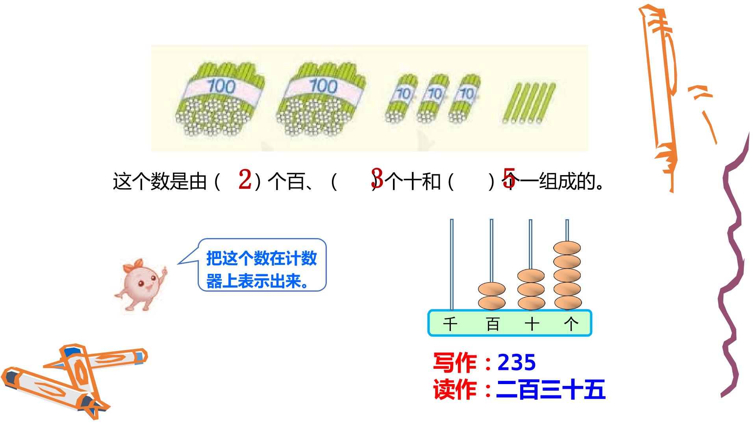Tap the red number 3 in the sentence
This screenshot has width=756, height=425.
[x=377, y=178]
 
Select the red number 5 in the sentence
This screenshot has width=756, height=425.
[x=509, y=178]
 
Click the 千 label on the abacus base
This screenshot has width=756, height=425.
[x=450, y=324]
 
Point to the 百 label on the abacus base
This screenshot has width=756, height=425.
[x=493, y=324]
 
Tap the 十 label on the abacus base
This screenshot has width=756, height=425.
[x=532, y=324]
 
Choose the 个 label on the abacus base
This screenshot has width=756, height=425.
[x=571, y=324]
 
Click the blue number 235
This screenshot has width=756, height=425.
[x=517, y=362]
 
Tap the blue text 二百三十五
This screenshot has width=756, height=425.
[x=550, y=390]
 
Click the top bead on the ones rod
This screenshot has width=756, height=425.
[x=567, y=248]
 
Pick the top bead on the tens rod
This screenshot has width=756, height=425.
[x=531, y=276]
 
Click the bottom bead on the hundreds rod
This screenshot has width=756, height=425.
[x=492, y=303]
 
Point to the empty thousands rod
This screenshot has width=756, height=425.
[x=452, y=264]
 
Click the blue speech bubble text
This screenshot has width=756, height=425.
[x=261, y=270]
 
